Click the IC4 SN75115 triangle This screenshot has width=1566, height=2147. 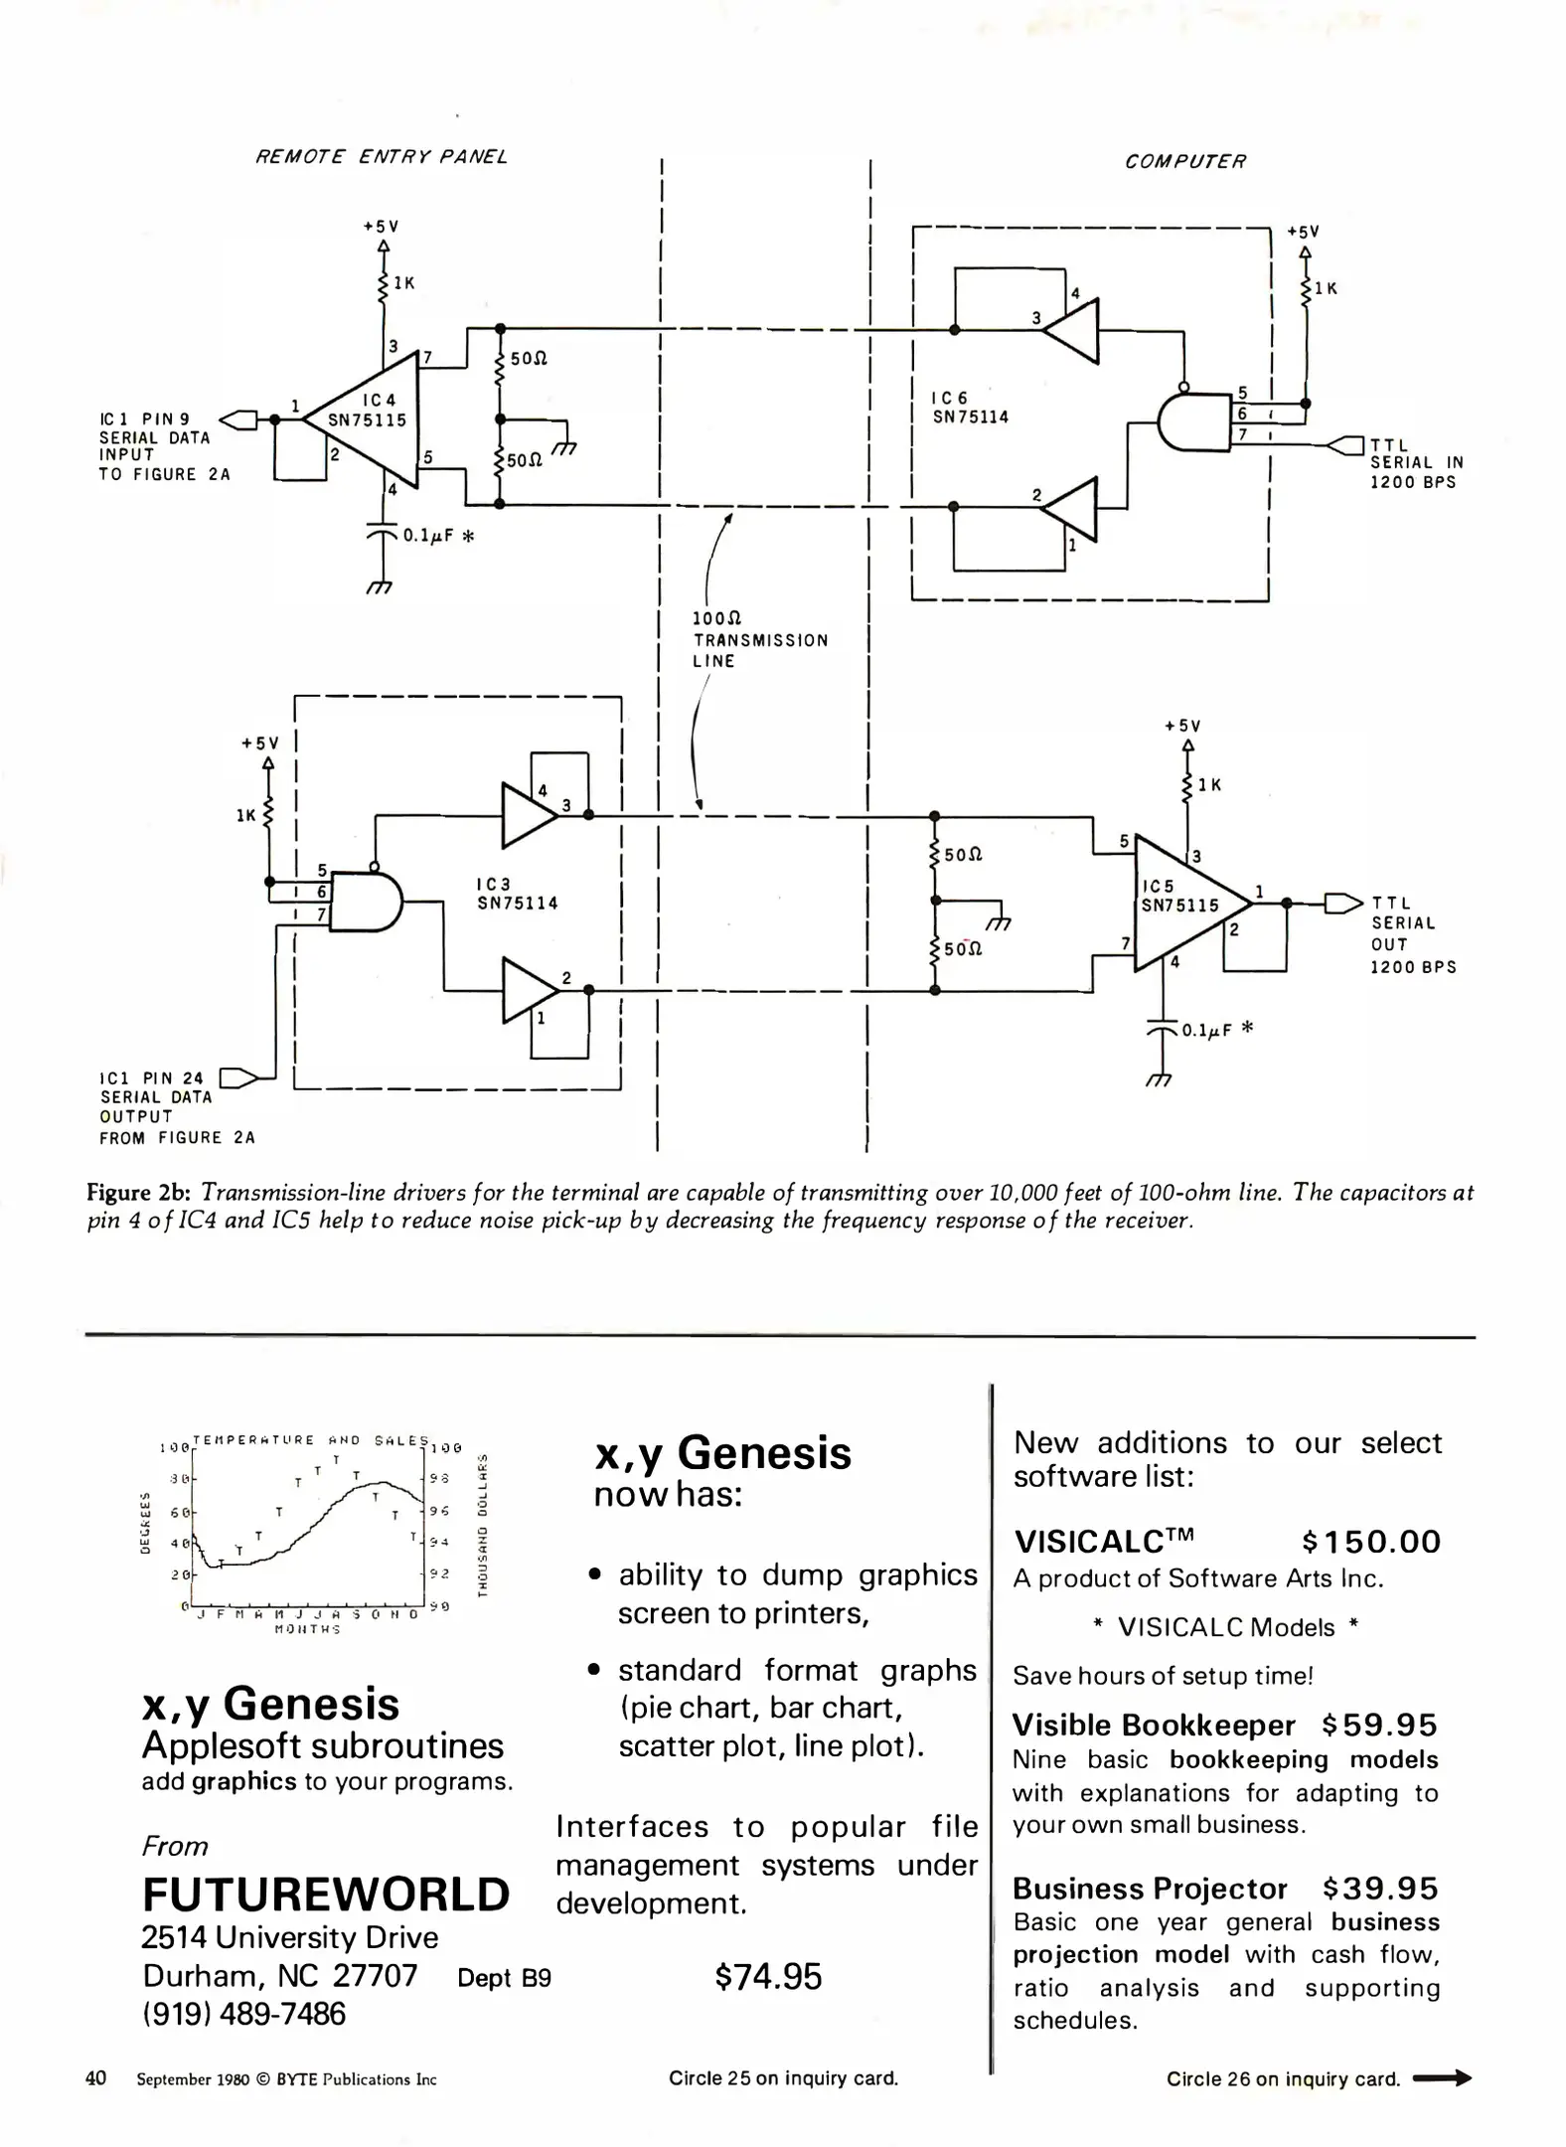364,418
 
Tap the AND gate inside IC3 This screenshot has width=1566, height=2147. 365,901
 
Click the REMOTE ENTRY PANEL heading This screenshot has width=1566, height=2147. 382,157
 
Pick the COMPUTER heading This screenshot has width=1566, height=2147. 1184,161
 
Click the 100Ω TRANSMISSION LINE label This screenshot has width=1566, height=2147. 759,640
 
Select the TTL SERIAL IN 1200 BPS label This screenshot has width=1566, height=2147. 1415,463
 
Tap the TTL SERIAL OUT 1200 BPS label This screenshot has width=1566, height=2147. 1412,934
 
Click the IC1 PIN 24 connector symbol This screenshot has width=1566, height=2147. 237,1077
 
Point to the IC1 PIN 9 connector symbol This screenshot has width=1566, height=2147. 237,420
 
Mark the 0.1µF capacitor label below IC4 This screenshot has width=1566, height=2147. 437,536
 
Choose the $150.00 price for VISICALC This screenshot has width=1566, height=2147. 1370,1542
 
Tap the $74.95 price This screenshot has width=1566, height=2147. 768,1976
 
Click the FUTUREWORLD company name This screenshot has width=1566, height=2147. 326,1895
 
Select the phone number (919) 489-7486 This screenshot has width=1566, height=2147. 243,2014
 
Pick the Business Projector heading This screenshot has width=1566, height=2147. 1150,1888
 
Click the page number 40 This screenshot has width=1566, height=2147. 96,2077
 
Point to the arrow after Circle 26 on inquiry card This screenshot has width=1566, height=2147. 1441,2077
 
